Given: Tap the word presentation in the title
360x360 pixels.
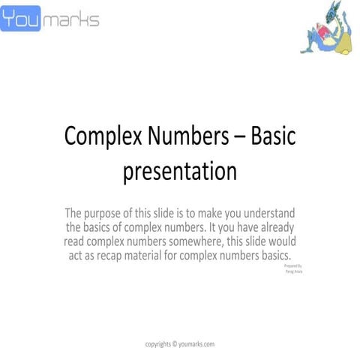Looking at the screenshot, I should [180, 171].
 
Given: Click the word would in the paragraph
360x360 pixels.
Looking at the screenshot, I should [280, 242].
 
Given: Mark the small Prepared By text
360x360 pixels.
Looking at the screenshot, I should [294, 266].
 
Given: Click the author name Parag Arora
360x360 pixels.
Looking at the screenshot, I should [294, 272].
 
